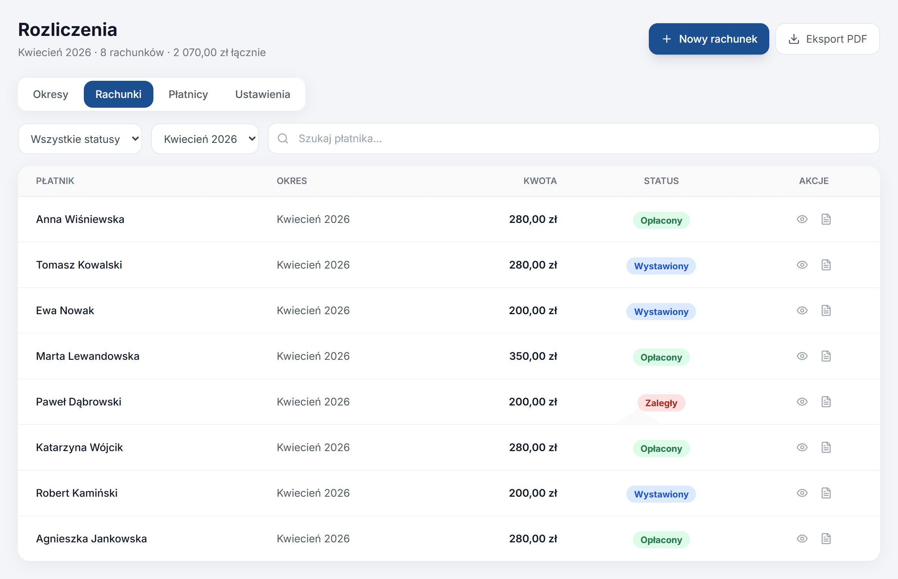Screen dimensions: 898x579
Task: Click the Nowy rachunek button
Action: (x=708, y=39)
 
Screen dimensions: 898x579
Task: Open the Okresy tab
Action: (x=51, y=94)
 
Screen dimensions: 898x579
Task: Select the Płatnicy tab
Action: (x=188, y=94)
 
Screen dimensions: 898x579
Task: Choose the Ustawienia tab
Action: (x=263, y=94)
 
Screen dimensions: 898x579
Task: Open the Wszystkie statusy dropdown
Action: (x=80, y=139)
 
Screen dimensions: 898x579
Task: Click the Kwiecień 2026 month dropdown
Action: (x=205, y=139)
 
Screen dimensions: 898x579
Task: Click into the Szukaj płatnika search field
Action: (x=574, y=138)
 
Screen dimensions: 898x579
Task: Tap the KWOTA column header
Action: (x=540, y=181)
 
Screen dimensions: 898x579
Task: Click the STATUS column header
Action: (x=661, y=181)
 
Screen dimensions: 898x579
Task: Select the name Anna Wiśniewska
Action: (x=80, y=219)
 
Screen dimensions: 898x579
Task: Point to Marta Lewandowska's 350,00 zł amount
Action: (x=533, y=356)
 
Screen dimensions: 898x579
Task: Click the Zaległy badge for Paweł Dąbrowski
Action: (x=661, y=403)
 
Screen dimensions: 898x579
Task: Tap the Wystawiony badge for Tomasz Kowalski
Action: (x=661, y=266)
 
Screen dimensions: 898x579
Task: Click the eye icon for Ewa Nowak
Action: (x=802, y=310)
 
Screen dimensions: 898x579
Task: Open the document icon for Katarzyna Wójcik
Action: (x=826, y=447)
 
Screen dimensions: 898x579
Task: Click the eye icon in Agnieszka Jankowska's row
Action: (x=802, y=539)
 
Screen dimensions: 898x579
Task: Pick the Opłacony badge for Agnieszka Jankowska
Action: (x=661, y=540)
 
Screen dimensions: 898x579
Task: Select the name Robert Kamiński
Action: (x=77, y=493)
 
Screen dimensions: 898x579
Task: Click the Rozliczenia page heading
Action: (x=68, y=29)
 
